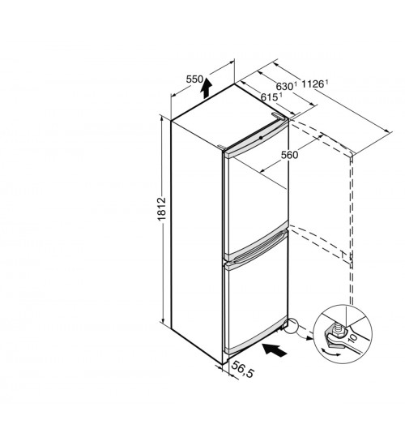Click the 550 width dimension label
194,79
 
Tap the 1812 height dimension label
161,209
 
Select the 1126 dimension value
313,84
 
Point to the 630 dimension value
284,86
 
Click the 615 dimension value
269,97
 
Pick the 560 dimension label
290,155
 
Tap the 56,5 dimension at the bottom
242,370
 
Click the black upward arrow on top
206,88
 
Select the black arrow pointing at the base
275,350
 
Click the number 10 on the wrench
352,338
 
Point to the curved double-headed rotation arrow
330,352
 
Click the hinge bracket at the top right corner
279,116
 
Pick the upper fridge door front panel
256,200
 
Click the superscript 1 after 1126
326,82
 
